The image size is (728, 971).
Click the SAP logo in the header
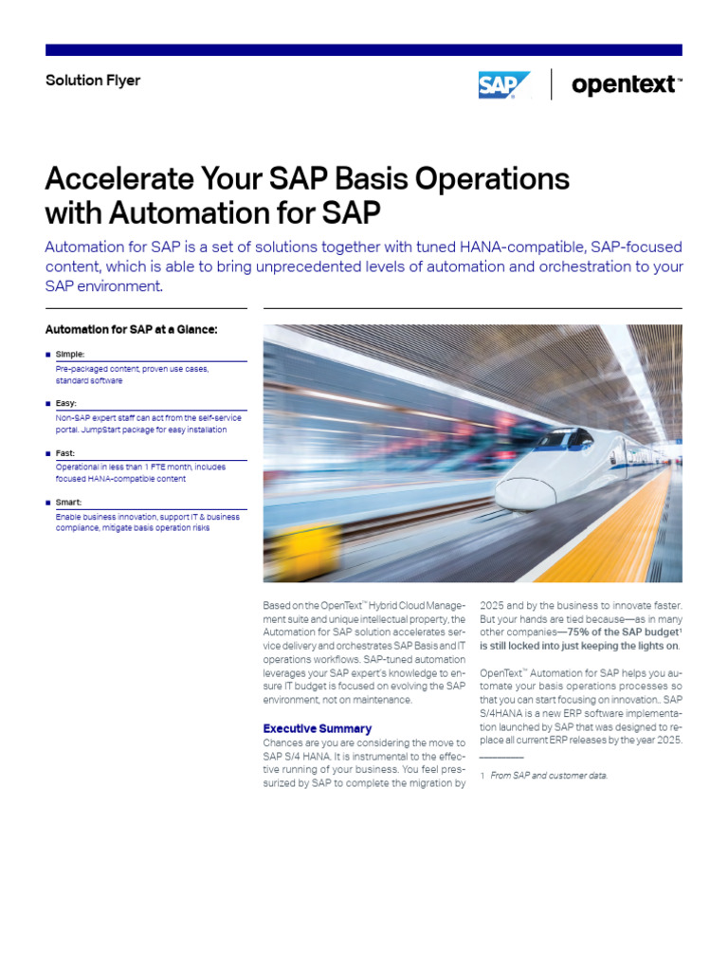pyautogui.click(x=502, y=84)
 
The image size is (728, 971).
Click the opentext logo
pyautogui.click(x=625, y=84)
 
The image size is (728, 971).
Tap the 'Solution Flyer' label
pyautogui.click(x=93, y=81)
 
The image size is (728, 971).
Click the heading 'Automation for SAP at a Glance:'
pyautogui.click(x=132, y=330)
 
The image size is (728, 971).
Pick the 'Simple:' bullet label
pyautogui.click(x=70, y=354)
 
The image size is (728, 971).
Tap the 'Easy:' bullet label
pyautogui.click(x=66, y=403)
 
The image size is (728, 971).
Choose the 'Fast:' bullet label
pyautogui.click(x=65, y=453)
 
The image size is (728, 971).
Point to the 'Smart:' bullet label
pyautogui.click(x=68, y=503)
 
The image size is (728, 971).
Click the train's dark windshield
pyautogui.click(x=572, y=439)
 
